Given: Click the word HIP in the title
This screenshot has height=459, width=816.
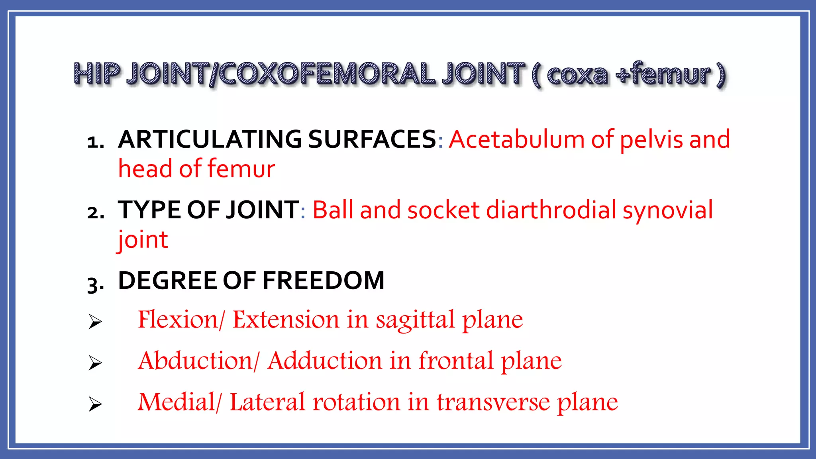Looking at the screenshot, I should (97, 74).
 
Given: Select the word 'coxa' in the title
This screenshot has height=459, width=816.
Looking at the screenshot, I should (577, 75).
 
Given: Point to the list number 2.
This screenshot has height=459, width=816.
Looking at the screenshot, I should (96, 213).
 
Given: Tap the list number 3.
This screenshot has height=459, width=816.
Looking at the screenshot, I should (96, 284).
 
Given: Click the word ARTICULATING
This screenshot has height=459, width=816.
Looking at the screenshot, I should (210, 139).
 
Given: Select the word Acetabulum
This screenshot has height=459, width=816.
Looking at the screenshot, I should (516, 139).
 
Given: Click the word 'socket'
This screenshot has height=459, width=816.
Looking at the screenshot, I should (443, 210).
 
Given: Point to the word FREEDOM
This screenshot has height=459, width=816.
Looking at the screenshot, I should (324, 280).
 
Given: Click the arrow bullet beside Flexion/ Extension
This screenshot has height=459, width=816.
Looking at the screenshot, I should (95, 322).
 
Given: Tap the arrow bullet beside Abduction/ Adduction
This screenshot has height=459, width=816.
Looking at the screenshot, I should (95, 363).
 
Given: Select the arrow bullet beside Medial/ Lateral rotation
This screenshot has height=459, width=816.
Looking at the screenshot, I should (95, 404).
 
